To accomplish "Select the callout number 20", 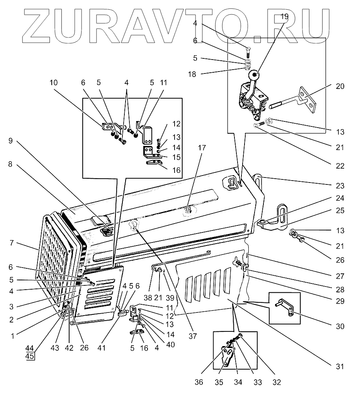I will pos(340,87).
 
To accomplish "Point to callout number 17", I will pos(202,148).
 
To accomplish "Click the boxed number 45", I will pos(30,356).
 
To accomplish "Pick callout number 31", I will pos(340,366).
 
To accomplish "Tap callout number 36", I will pos(199,382).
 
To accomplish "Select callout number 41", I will pos(101,347).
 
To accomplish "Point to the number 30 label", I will pos(340,326).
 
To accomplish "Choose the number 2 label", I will pos(11,320).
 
